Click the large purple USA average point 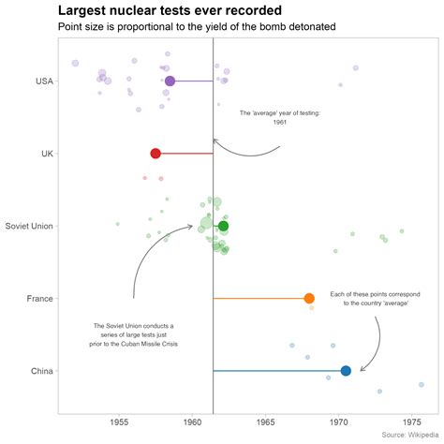170,81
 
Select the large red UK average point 155,154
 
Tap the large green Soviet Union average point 223,226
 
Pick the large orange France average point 309,299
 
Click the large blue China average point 346,371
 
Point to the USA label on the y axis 41,81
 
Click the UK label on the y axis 45,154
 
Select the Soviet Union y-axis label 28,226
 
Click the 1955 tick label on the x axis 119,422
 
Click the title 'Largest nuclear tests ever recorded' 170,10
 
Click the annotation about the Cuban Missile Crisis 134,334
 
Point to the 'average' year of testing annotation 280,117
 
